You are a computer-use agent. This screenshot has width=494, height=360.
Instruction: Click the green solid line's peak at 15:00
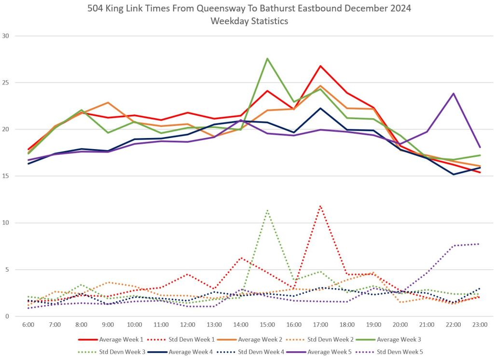pos(267,58)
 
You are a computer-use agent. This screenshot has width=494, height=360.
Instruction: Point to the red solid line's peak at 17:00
pos(320,66)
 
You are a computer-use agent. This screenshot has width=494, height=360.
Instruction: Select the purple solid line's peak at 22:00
pos(453,93)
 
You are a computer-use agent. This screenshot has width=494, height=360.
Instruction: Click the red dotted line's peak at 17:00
pos(320,206)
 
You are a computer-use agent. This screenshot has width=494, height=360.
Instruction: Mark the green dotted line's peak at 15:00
pos(267,210)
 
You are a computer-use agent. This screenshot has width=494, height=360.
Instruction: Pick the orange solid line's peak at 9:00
pos(108,102)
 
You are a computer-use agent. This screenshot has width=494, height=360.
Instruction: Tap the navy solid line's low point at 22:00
pos(453,174)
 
